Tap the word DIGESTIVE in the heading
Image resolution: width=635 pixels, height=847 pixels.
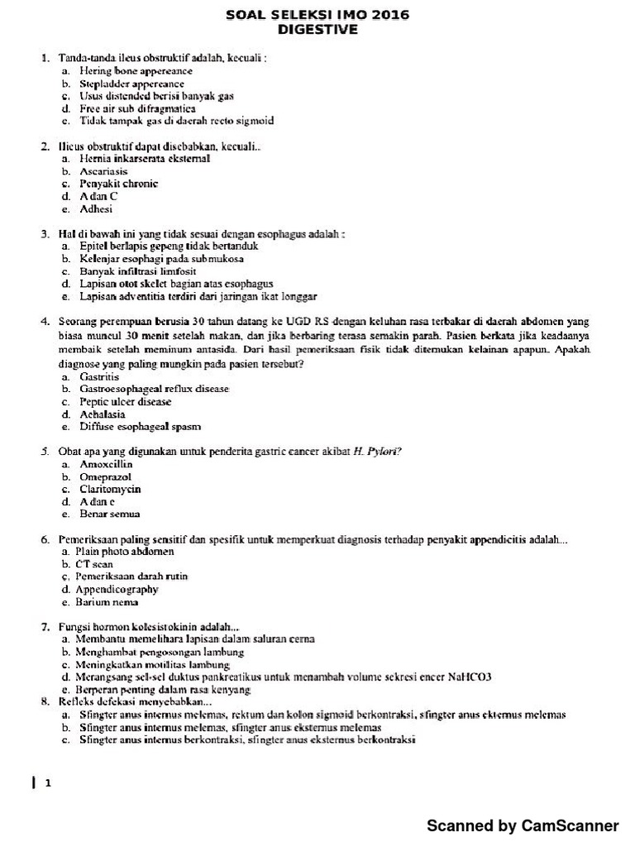pos(317,30)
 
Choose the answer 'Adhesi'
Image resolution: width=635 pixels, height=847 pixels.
pos(95,209)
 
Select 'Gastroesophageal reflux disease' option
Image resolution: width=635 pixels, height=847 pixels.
pos(154,388)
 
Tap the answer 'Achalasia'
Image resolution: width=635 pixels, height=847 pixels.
pos(103,414)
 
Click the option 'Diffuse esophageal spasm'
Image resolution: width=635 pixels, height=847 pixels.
pos(140,426)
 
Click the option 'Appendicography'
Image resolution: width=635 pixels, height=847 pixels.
pos(117,589)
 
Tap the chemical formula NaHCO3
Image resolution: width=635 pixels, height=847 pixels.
pos(466,676)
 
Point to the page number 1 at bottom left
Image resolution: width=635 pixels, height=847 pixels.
pos(49,786)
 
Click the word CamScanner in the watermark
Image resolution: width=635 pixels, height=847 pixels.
pos(569,825)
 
